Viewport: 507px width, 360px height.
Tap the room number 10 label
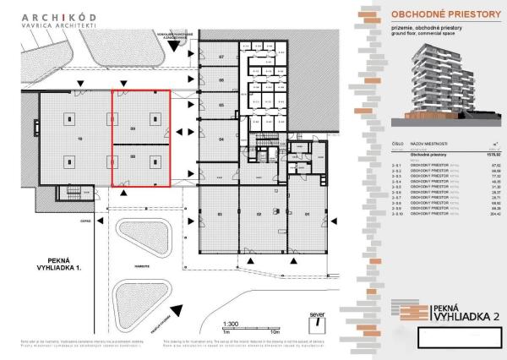click(56, 138)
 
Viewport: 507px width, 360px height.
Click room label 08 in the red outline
click(133, 156)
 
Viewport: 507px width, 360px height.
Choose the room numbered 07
click(221, 56)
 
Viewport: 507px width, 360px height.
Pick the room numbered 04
click(221, 138)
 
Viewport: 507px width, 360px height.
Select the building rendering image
click(445, 80)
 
